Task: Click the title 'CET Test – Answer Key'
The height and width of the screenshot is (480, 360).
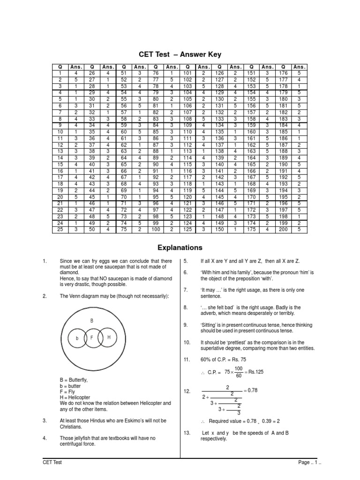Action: (180, 55)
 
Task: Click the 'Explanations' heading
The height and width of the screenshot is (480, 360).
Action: (180, 247)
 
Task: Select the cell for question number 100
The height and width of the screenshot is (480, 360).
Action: (156, 230)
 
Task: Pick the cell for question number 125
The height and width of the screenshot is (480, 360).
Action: (187, 230)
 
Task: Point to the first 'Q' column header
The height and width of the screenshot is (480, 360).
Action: (60, 67)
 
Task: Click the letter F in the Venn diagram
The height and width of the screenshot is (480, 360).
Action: (92, 337)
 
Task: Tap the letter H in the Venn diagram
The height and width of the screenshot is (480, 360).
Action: (109, 337)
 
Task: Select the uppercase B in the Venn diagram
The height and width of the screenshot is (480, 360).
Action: (92, 321)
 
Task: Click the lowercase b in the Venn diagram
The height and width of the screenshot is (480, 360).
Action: (77, 338)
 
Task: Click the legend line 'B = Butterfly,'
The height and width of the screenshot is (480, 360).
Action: (74, 379)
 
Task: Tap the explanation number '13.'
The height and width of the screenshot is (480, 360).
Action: (187, 433)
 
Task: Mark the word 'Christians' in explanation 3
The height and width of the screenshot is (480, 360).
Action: (72, 427)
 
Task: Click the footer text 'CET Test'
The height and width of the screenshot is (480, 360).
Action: (52, 462)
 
